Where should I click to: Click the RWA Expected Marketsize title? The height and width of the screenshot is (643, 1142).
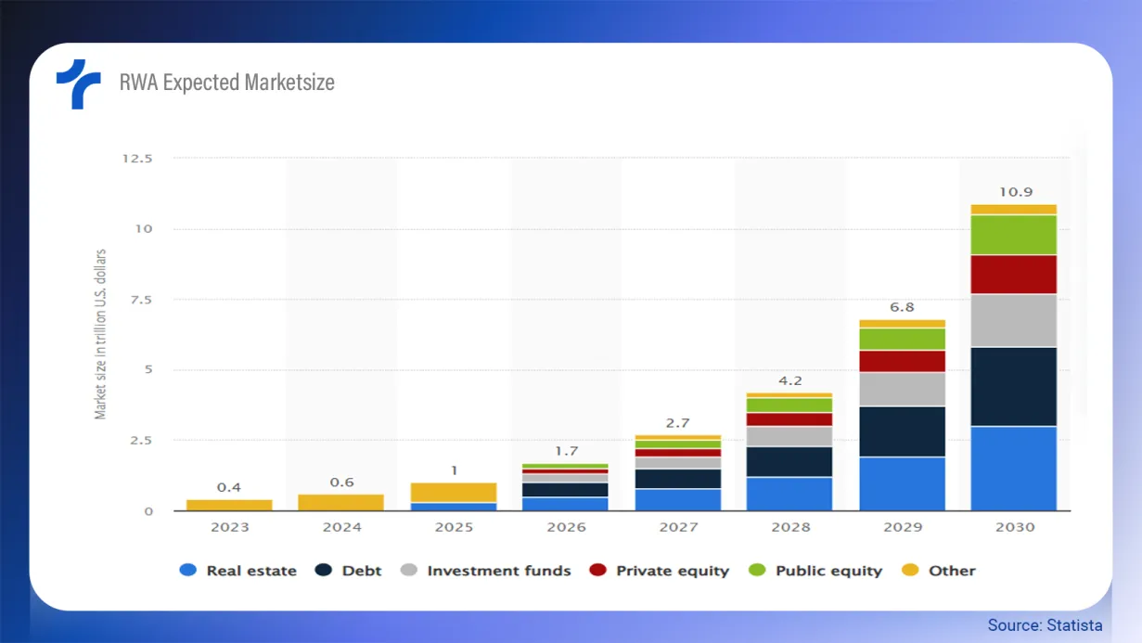(226, 83)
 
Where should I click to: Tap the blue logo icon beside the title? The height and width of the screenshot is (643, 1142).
(78, 84)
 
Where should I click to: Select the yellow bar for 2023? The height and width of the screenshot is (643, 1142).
(229, 505)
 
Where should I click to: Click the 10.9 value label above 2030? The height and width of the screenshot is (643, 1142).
(1014, 192)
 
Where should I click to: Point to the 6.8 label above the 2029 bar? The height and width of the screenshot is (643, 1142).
(902, 307)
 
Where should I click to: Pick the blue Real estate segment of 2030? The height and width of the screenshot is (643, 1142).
(1014, 469)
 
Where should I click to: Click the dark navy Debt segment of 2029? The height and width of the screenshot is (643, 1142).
(902, 431)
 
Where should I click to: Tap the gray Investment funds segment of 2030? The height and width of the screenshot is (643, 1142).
(1014, 320)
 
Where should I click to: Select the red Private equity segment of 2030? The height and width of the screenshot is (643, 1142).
(1014, 275)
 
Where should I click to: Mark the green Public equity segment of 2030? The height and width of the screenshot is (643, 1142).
(1014, 235)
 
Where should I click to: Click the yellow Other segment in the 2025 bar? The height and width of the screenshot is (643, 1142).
(454, 492)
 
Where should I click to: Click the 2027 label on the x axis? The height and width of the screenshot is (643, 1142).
(678, 527)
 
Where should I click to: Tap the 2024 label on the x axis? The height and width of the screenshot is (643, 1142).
(341, 527)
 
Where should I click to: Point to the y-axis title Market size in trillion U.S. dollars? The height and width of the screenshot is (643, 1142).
(100, 334)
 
